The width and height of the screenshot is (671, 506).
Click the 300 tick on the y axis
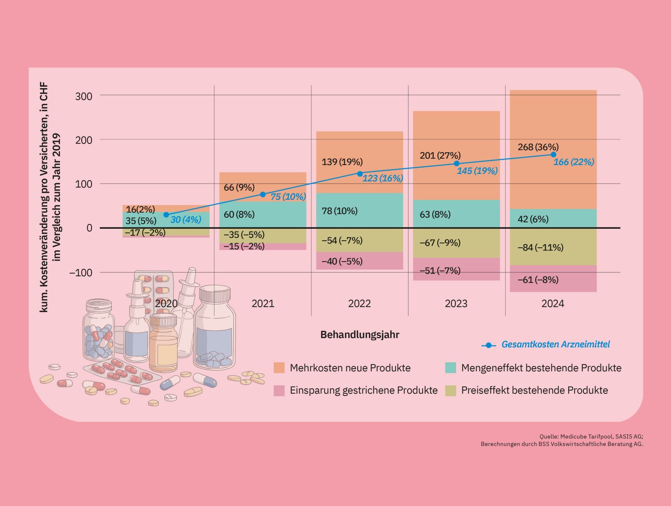pyautogui.click(x=84, y=96)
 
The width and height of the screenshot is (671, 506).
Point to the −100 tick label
pyautogui.click(x=81, y=273)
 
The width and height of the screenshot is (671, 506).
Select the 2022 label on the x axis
pyautogui.click(x=359, y=303)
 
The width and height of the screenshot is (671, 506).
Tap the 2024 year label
pyautogui.click(x=553, y=303)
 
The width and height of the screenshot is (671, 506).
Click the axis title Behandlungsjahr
pyautogui.click(x=360, y=334)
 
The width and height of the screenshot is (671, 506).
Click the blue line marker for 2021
pyautogui.click(x=263, y=195)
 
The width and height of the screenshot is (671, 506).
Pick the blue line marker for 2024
pyautogui.click(x=553, y=155)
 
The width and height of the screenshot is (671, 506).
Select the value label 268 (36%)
pyautogui.click(x=538, y=147)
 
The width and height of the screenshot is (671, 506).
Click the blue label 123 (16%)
pyautogui.click(x=382, y=178)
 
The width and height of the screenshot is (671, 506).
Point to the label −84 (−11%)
pyautogui.click(x=540, y=247)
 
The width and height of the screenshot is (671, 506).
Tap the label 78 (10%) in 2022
pyautogui.click(x=339, y=211)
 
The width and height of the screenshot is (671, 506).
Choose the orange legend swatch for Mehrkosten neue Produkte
pyautogui.click(x=279, y=368)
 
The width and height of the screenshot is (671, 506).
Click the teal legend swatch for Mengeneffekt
pyautogui.click(x=451, y=368)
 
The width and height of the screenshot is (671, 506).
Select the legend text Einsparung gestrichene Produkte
pyautogui.click(x=363, y=390)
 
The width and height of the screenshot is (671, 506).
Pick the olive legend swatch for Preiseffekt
pyautogui.click(x=451, y=390)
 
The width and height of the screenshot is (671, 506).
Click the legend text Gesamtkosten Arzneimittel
pyautogui.click(x=555, y=344)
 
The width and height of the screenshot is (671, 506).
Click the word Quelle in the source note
pyautogui.click(x=547, y=436)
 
